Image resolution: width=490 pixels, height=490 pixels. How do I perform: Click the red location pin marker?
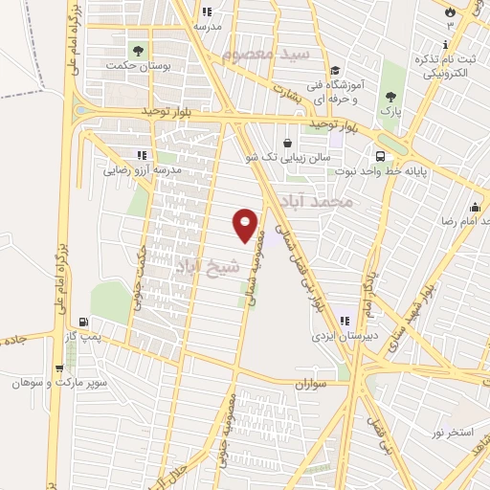(246, 224)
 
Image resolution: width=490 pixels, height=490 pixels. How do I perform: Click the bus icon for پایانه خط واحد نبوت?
(381, 156)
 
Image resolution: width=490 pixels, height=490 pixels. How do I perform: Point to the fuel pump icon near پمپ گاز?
(87, 323)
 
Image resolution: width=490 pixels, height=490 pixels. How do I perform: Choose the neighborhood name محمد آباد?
(318, 202)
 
